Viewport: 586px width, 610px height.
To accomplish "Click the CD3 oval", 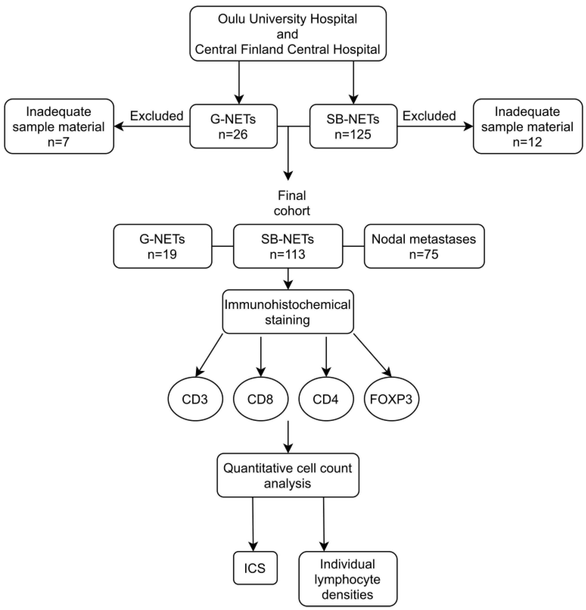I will click(x=195, y=399).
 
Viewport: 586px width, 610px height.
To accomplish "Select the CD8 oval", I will click(x=260, y=399).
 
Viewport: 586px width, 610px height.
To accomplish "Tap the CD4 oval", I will click(x=326, y=399).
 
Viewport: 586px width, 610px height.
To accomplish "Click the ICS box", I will click(x=255, y=568).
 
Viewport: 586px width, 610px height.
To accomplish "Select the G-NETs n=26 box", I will click(x=233, y=126).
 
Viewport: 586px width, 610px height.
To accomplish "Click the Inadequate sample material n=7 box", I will click(x=59, y=126).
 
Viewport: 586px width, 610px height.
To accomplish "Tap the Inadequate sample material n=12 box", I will click(x=527, y=126).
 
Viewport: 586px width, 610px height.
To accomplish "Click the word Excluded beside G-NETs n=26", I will click(x=157, y=116).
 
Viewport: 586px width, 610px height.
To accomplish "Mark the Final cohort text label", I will click(x=292, y=203).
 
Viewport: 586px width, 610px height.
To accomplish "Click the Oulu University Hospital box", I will click(x=288, y=34).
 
